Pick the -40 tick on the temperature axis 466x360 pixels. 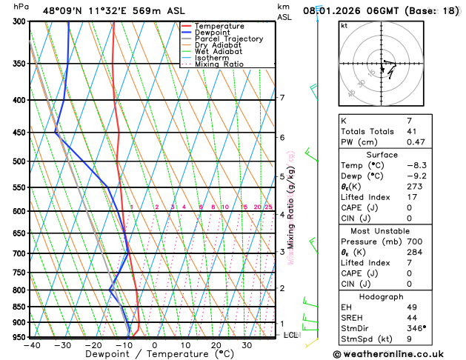click(x=32, y=345)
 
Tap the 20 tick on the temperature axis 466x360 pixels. click(x=216, y=345)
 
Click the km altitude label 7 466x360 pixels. click(x=282, y=98)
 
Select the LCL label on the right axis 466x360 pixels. click(x=291, y=335)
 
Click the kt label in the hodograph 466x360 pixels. click(x=344, y=25)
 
